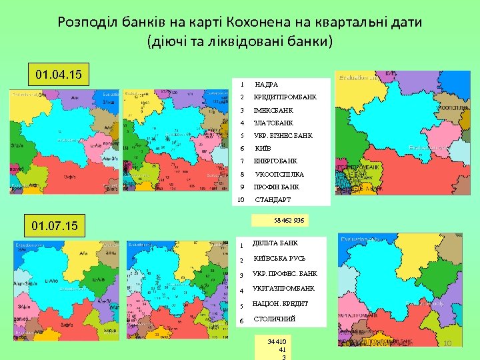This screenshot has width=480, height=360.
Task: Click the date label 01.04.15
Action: (x=58, y=73)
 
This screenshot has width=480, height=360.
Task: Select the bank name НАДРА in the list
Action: (x=267, y=85)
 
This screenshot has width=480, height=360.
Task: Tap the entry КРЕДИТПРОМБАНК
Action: (x=285, y=97)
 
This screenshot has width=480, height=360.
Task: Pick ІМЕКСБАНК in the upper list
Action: (x=273, y=110)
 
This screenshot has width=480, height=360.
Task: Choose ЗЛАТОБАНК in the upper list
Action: (x=273, y=123)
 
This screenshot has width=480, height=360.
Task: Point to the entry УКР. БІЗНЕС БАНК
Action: (x=283, y=135)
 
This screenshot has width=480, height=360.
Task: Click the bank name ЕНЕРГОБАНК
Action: (x=275, y=161)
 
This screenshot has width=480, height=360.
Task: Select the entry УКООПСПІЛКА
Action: (x=279, y=174)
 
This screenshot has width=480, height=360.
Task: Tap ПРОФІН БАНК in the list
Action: (x=277, y=187)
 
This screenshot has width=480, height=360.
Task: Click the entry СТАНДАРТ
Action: (x=273, y=199)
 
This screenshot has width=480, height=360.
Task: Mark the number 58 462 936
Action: (x=289, y=219)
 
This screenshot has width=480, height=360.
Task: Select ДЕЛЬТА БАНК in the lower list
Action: (x=275, y=243)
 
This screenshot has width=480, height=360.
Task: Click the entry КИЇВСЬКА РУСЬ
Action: (x=279, y=259)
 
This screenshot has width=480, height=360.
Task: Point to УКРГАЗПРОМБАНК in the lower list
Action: (x=283, y=289)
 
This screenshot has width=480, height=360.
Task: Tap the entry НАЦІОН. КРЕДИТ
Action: (x=280, y=304)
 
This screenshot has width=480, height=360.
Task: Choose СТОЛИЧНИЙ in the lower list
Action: (x=274, y=319)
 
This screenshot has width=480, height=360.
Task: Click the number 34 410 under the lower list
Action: (x=276, y=341)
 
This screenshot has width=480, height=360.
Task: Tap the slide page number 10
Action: (x=449, y=343)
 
